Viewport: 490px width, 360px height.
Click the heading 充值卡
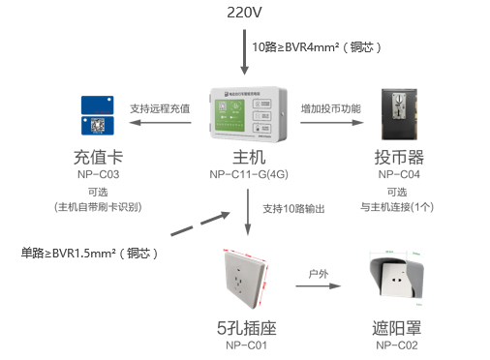pos(97,157)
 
